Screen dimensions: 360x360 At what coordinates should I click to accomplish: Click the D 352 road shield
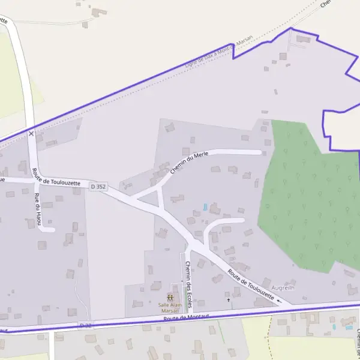98,187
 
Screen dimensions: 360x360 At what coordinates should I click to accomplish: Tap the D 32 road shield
86,325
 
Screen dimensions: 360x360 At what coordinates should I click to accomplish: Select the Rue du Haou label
38,209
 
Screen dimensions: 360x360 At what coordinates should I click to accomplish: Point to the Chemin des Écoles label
188,284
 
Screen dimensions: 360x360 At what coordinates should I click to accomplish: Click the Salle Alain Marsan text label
170,307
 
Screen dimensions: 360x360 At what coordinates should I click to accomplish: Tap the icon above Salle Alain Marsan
170,297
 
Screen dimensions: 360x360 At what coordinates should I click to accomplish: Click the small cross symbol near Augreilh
228,299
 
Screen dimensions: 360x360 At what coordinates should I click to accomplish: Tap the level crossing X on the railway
31,133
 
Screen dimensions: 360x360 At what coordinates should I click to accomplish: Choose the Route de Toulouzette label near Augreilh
251,285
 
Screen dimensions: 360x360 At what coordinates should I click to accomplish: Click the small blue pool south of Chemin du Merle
205,207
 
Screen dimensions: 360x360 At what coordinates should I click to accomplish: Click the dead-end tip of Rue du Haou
53,229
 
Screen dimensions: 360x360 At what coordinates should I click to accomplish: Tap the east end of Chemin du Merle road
260,152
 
